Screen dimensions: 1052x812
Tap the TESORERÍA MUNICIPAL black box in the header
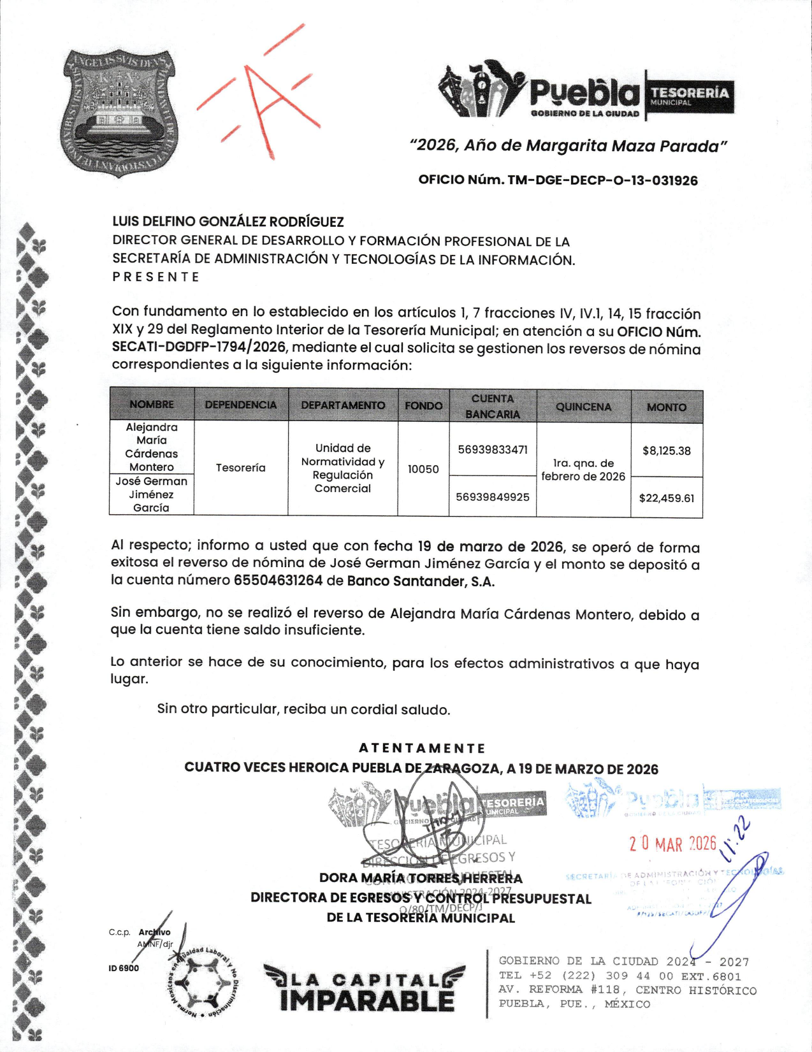[690, 96]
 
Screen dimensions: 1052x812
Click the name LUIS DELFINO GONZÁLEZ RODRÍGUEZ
[228, 222]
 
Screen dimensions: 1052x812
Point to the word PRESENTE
[156, 277]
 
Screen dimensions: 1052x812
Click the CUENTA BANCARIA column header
[492, 406]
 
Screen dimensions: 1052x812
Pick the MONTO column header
[666, 407]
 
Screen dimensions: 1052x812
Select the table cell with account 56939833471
[493, 449]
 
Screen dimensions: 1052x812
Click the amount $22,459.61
[666, 498]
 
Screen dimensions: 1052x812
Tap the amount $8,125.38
[666, 450]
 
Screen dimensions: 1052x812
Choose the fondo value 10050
[423, 469]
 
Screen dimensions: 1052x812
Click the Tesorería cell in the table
[240, 468]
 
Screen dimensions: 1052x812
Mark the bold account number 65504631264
[278, 580]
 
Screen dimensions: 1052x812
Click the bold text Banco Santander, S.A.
[421, 581]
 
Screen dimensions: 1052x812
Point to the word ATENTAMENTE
[422, 748]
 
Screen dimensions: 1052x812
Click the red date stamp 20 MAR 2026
[672, 844]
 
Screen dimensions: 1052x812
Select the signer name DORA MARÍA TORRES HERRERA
[421, 878]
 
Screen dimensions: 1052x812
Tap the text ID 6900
[123, 968]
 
